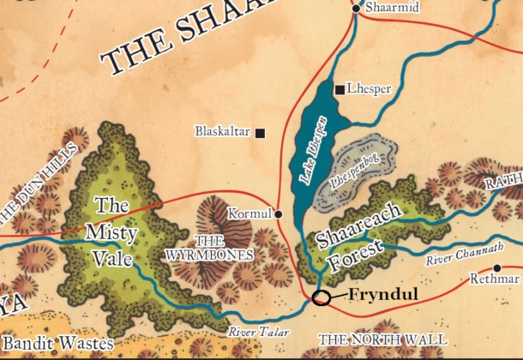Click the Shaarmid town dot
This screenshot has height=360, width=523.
click(357, 9)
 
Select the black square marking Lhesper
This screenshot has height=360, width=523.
click(340, 89)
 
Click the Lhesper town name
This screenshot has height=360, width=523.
click(370, 88)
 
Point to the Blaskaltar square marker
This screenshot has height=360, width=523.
click(260, 133)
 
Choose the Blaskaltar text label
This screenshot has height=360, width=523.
click(222, 132)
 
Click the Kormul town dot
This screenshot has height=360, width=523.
click(279, 213)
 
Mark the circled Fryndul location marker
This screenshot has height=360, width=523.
click(321, 297)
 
